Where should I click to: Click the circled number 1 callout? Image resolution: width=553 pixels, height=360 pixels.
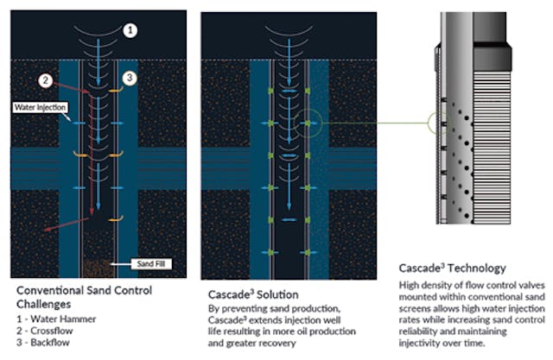130,30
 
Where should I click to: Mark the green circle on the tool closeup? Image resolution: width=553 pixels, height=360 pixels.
440,123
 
